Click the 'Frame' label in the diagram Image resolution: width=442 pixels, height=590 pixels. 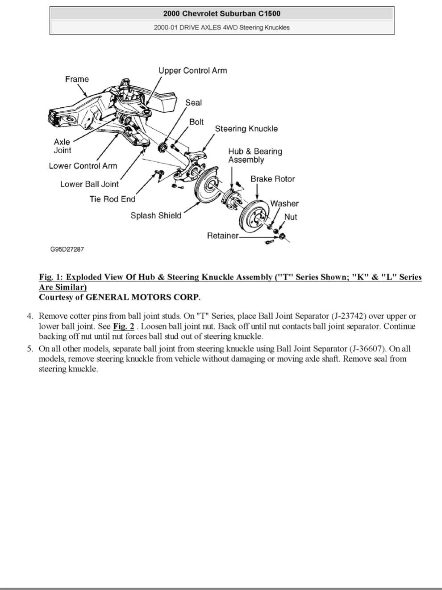click(77, 79)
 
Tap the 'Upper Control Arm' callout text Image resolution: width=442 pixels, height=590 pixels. click(192, 71)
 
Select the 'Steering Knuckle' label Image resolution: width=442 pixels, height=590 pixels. click(246, 129)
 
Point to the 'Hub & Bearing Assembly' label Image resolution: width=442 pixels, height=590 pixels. click(255, 156)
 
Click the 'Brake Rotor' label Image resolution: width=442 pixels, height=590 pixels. click(272, 179)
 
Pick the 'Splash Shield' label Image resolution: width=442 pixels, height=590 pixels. click(156, 215)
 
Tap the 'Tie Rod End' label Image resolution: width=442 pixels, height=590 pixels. click(113, 199)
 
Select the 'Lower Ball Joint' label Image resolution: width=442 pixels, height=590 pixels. click(89, 184)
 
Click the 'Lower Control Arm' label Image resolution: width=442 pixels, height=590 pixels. click(83, 166)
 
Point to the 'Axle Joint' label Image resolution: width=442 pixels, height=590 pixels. click(62, 146)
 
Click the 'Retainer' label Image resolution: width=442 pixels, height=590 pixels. click(222, 236)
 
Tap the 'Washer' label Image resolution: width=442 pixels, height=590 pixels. click(284, 203)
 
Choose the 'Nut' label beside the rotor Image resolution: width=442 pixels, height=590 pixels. click(290, 217)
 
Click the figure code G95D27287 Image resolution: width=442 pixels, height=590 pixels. click(67, 249)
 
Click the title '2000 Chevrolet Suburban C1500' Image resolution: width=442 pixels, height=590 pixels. click(222, 13)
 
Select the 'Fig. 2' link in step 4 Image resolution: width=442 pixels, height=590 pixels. click(124, 326)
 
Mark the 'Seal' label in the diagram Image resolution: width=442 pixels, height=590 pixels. click(193, 102)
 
